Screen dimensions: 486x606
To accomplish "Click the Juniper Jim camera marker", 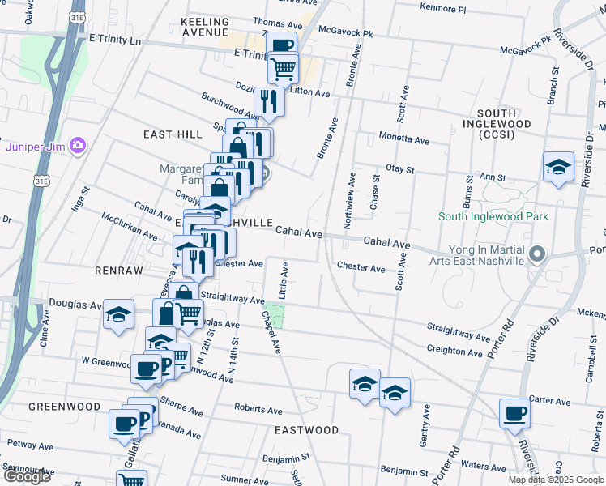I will pyautogui.click(x=78, y=146).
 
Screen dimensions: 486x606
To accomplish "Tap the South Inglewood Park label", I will pyautogui.click(x=493, y=216).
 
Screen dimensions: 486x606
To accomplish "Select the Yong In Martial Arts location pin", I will pyautogui.click(x=536, y=256).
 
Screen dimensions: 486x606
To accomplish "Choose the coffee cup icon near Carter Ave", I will pyautogui.click(x=515, y=413).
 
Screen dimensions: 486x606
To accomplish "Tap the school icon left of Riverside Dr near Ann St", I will pyautogui.click(x=558, y=167).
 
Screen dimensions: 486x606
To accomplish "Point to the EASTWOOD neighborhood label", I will pyautogui.click(x=305, y=429).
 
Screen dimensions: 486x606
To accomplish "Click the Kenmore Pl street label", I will pyautogui.click(x=443, y=9).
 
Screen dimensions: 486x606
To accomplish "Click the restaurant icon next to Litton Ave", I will pyautogui.click(x=268, y=101).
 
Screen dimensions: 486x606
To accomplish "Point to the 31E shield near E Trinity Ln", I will pyautogui.click(x=77, y=16).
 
